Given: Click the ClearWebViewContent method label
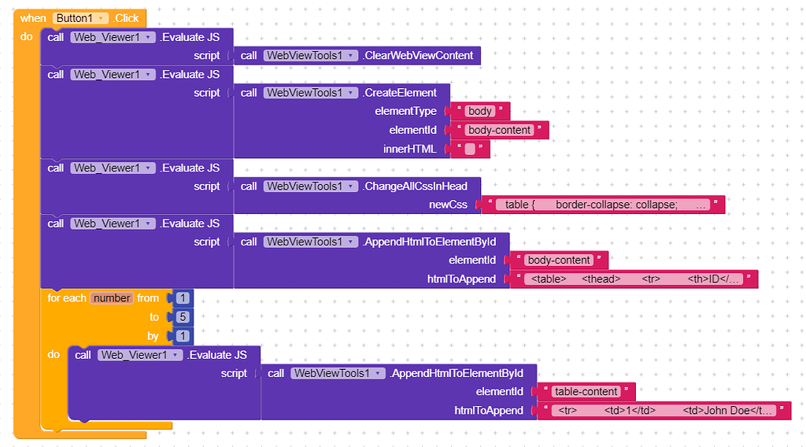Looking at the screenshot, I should [x=419, y=56].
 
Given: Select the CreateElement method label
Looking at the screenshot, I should [x=400, y=93].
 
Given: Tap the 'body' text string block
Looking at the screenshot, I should [x=480, y=112].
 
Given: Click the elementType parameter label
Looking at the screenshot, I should [x=405, y=112].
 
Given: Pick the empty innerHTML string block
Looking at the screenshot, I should [x=470, y=149].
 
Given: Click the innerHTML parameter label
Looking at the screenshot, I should [x=409, y=149].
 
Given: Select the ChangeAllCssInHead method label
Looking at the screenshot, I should [x=416, y=187].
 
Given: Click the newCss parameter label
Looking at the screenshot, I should [x=447, y=205].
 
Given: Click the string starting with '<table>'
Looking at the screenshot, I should [x=636, y=279].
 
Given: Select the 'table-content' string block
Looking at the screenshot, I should [x=586, y=392].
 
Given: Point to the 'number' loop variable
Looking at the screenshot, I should [x=112, y=298].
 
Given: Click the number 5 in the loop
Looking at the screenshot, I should [x=183, y=317].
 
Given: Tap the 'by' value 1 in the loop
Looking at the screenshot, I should [x=183, y=336].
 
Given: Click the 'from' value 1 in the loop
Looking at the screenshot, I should [x=183, y=298].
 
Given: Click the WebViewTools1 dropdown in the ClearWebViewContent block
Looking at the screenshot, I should [x=311, y=56].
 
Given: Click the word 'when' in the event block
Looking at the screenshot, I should [x=33, y=18].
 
